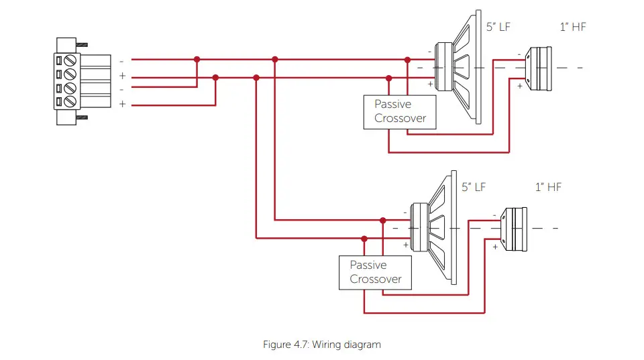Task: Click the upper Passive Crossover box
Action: point(400,112)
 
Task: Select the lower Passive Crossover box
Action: point(375,272)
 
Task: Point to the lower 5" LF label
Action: point(474,187)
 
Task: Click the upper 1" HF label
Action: point(573,27)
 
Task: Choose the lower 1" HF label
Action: point(548,187)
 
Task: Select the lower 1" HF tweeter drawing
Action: point(515,229)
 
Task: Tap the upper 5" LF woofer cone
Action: point(459,67)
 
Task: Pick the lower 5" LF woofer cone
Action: point(435,228)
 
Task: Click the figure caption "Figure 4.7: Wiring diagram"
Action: point(321,345)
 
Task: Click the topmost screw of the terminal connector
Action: point(70,60)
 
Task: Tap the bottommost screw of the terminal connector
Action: point(70,102)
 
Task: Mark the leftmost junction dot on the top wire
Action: point(197,60)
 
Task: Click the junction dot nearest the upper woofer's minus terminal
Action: point(407,60)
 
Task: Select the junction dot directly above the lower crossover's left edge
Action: point(364,238)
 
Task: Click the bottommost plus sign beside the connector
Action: point(122,104)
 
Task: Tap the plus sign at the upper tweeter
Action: point(519,86)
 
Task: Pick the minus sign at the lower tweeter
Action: point(494,215)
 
